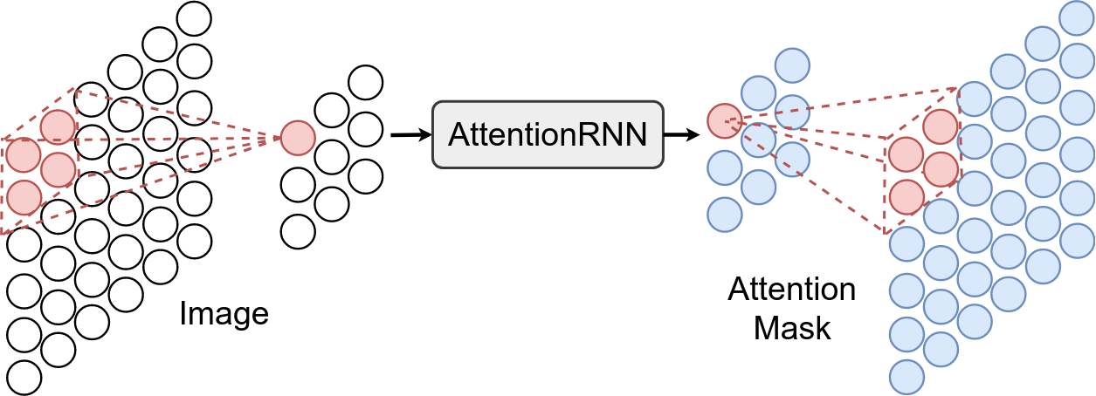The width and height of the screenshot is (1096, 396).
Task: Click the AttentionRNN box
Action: (x=548, y=134)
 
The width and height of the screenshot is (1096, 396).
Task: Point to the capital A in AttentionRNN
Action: (x=461, y=135)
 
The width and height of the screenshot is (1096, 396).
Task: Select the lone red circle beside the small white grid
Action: (x=297, y=138)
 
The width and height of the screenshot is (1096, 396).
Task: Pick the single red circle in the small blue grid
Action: (x=724, y=120)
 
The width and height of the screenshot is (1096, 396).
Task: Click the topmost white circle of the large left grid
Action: (x=194, y=18)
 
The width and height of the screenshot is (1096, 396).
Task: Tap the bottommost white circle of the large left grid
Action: (x=24, y=378)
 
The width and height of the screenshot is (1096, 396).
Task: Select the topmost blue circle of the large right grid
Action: (x=1076, y=17)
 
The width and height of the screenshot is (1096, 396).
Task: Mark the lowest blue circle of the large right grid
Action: (x=907, y=378)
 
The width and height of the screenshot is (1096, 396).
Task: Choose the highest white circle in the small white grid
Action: (x=365, y=83)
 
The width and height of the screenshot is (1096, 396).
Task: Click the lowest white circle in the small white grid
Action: (x=298, y=231)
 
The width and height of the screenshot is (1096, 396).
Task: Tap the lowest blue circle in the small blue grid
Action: (x=724, y=214)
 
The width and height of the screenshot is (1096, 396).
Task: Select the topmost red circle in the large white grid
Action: (x=58, y=127)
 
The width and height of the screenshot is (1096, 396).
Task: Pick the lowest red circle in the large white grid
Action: (x=24, y=197)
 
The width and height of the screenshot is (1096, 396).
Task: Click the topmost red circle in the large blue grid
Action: (x=941, y=127)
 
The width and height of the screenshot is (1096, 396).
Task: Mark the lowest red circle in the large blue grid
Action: (x=907, y=197)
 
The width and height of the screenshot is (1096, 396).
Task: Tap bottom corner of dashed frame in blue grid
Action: (x=886, y=233)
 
